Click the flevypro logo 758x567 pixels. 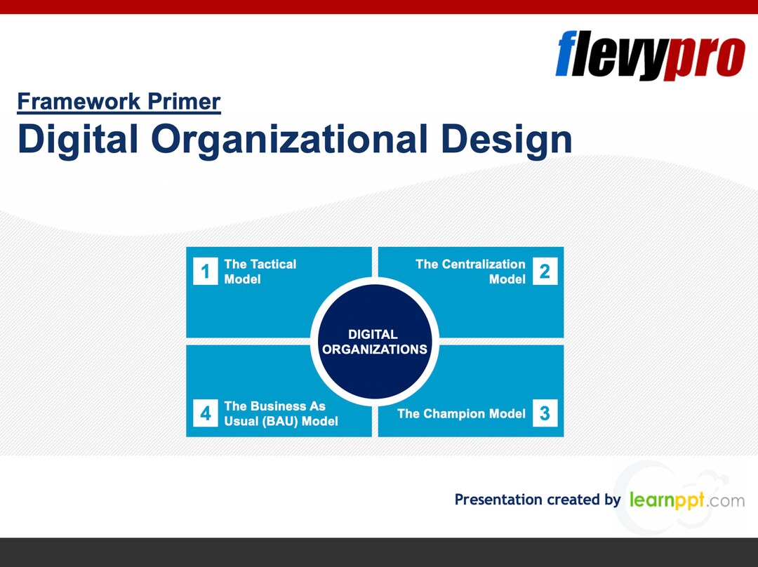[649, 55]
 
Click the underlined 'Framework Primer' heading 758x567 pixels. [119, 102]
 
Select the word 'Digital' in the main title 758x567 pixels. [78, 139]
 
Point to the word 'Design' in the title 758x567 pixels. [506, 139]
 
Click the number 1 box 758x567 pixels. [205, 272]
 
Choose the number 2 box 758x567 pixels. [545, 272]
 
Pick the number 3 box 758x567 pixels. [545, 413]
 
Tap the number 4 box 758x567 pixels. [205, 413]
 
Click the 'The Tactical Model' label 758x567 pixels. [260, 272]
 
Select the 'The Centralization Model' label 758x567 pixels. [470, 272]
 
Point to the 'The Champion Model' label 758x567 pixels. [461, 413]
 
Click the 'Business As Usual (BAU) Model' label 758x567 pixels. [281, 413]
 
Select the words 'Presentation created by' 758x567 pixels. [537, 500]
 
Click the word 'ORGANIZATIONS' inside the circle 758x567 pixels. [375, 349]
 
